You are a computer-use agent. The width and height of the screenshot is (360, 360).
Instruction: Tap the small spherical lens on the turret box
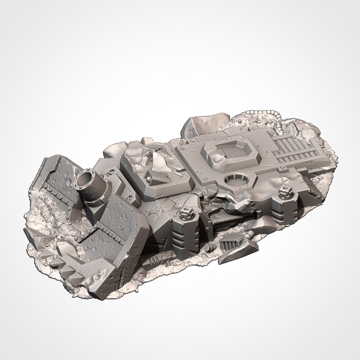[x=149, y=178]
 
